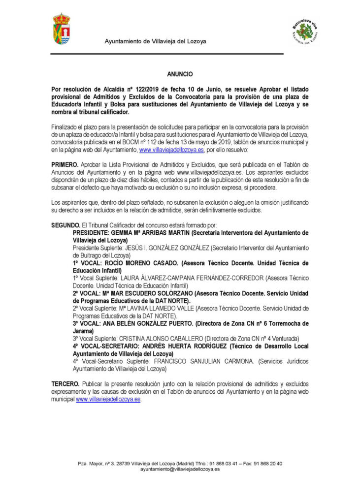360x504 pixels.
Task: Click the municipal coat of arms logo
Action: point(62,29)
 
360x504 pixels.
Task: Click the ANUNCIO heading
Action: point(179,74)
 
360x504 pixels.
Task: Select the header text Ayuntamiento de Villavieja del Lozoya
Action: point(155,41)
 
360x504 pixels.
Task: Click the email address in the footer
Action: point(180,470)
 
